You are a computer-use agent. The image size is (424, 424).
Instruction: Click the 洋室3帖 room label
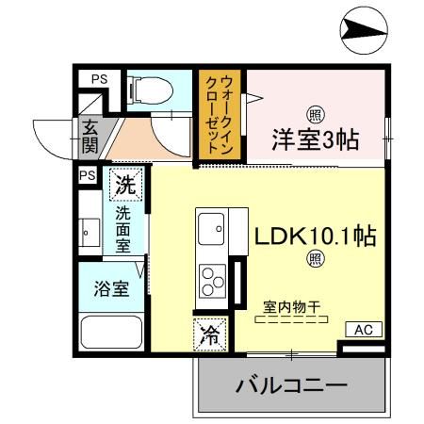point(316,140)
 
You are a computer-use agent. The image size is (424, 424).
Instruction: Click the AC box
point(364,330)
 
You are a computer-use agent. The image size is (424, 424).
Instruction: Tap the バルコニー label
point(291,385)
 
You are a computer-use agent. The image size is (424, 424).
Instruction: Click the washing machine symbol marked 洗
point(124,185)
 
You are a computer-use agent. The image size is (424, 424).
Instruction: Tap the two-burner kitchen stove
point(209,280)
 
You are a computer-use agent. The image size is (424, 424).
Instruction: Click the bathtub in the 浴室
point(110,334)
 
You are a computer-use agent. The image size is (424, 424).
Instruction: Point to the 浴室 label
point(111,289)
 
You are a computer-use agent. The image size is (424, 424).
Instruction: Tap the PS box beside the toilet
point(98,80)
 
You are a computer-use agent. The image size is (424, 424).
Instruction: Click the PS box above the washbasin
point(88,175)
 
